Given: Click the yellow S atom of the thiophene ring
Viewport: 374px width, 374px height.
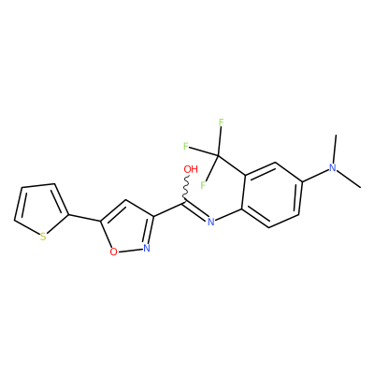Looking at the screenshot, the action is pyautogui.click(x=43, y=237).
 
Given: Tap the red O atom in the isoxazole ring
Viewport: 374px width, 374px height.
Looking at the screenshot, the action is pyautogui.click(x=114, y=252).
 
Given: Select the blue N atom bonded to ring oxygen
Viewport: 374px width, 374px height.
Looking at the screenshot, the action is pyautogui.click(x=147, y=248).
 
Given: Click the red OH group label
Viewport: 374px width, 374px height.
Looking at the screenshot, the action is pyautogui.click(x=191, y=169).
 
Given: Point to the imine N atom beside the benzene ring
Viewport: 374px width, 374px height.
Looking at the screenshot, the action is pyautogui.click(x=211, y=222).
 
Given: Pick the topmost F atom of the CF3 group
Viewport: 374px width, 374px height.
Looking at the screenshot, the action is pyautogui.click(x=221, y=122).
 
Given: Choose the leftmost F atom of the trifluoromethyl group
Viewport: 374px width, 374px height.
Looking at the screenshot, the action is pyautogui.click(x=186, y=146).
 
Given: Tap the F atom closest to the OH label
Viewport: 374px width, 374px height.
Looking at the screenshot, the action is pyautogui.click(x=203, y=185).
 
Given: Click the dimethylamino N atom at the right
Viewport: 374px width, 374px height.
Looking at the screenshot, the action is pyautogui.click(x=333, y=168).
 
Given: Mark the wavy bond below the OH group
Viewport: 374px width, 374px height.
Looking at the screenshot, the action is pyautogui.click(x=186, y=188).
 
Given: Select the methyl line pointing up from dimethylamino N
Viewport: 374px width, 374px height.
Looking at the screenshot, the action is pyautogui.click(x=335, y=149).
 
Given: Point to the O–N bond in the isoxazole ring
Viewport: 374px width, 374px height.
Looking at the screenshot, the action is pyautogui.click(x=130, y=250).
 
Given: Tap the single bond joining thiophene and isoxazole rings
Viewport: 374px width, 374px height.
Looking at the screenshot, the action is pyautogui.click(x=84, y=218).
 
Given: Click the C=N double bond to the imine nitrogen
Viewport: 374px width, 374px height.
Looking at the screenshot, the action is pyautogui.click(x=194, y=210).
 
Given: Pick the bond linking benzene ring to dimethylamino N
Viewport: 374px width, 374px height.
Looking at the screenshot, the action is pyautogui.click(x=315, y=175).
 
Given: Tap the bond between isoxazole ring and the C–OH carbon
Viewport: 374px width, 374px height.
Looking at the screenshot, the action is pyautogui.click(x=168, y=209).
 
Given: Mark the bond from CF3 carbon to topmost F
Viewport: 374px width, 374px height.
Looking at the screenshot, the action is pyautogui.click(x=220, y=141).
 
